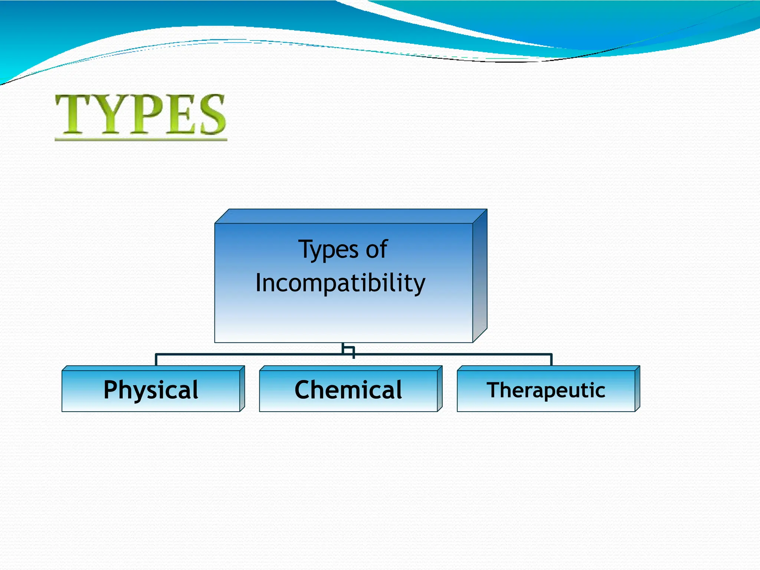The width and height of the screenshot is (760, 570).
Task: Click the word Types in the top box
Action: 328,249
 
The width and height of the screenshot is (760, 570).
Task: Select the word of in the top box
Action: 376,249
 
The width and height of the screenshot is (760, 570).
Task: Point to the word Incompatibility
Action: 340,283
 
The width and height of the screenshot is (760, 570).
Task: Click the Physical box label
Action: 151,390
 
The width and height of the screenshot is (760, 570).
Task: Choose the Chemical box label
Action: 348,390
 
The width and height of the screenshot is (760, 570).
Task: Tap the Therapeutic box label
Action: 546,390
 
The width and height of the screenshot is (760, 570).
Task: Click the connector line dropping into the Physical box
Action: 156,360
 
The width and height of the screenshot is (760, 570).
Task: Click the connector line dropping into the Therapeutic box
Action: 551,360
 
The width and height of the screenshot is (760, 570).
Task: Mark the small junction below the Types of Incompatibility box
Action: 348,351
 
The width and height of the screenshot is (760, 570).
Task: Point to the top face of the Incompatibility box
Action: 351,216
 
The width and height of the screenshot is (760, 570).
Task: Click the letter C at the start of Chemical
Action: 302,390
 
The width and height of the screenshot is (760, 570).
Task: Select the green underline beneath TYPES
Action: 141,139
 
